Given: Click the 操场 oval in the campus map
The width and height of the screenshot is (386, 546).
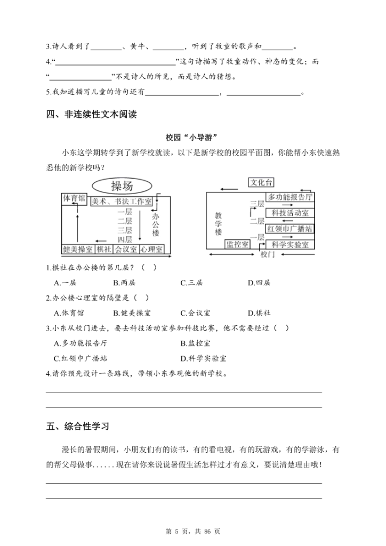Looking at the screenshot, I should [x=122, y=186].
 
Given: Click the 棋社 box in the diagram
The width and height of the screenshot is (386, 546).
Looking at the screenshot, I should [x=104, y=248].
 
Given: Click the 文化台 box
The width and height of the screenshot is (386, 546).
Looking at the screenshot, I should [x=261, y=182].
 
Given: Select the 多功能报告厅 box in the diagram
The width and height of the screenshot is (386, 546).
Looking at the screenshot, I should [x=290, y=197].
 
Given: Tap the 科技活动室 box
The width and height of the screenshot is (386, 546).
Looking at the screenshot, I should [x=290, y=213].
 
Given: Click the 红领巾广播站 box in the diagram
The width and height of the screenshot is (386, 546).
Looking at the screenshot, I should [x=290, y=229].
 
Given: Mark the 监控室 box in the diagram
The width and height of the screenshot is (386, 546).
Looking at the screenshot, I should [x=237, y=244].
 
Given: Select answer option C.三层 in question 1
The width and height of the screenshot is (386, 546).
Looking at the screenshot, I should [x=191, y=282].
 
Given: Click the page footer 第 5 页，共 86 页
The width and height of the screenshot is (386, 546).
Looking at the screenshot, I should [x=192, y=531].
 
